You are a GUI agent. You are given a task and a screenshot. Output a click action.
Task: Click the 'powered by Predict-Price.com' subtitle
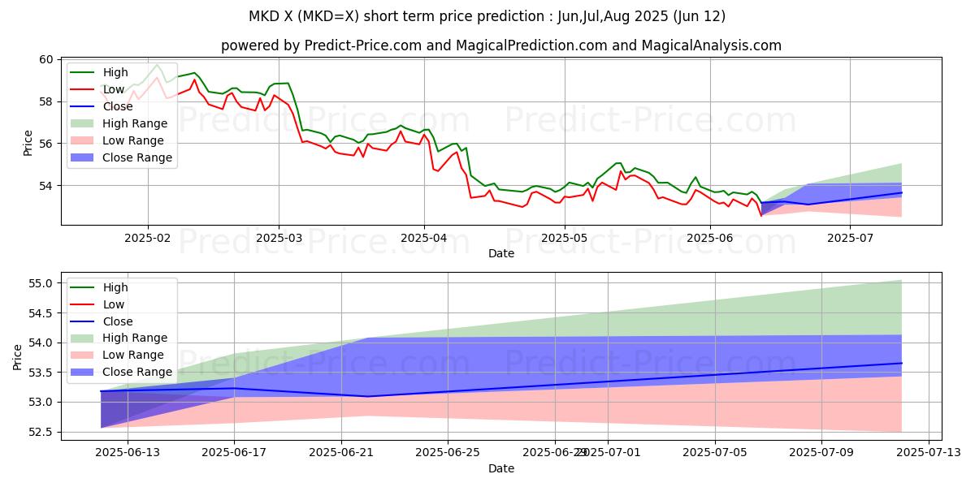501,45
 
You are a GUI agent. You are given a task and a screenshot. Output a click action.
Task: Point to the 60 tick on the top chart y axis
45,59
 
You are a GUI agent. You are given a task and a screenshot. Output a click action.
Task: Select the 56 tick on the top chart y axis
45,144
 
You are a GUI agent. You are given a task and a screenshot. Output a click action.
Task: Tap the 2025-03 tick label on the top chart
279,239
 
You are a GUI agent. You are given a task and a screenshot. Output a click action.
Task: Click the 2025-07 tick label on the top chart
850,239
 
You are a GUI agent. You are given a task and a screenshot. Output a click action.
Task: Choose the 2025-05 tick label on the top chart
565,239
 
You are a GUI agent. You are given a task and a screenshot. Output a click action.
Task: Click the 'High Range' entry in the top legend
135,123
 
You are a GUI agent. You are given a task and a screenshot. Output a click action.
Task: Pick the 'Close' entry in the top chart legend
119,106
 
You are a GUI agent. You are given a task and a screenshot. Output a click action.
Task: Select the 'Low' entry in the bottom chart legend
114,304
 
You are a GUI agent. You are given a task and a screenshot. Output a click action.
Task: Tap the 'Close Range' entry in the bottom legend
137,372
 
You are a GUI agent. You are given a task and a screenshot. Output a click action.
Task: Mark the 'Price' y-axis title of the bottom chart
18,356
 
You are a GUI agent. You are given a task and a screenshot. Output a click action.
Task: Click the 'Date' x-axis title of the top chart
501,253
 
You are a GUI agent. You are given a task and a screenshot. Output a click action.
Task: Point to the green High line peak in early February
157,64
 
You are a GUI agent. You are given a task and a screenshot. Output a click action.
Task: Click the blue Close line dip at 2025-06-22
368,396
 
